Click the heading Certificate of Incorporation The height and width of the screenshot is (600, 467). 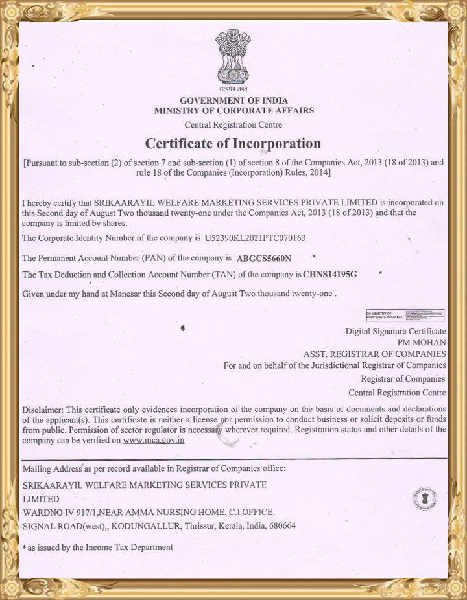pos(233,143)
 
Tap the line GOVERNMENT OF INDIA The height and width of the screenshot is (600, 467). pos(233,101)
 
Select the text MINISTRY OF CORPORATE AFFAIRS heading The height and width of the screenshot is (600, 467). pos(233,111)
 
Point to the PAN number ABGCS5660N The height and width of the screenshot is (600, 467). pos(264,259)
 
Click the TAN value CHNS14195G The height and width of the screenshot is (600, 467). pos(330,275)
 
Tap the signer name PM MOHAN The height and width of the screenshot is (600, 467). pos(422,343)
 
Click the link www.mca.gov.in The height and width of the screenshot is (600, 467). pos(154,441)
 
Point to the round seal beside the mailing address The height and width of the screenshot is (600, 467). pos(425,499)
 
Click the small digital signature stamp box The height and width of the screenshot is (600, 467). pos(405,316)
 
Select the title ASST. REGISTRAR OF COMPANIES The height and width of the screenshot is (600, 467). pos(374,354)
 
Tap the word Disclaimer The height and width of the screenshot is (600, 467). pos(43,410)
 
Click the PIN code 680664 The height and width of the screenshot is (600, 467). pos(282,526)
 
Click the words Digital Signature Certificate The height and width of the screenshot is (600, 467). pos(396,331)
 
